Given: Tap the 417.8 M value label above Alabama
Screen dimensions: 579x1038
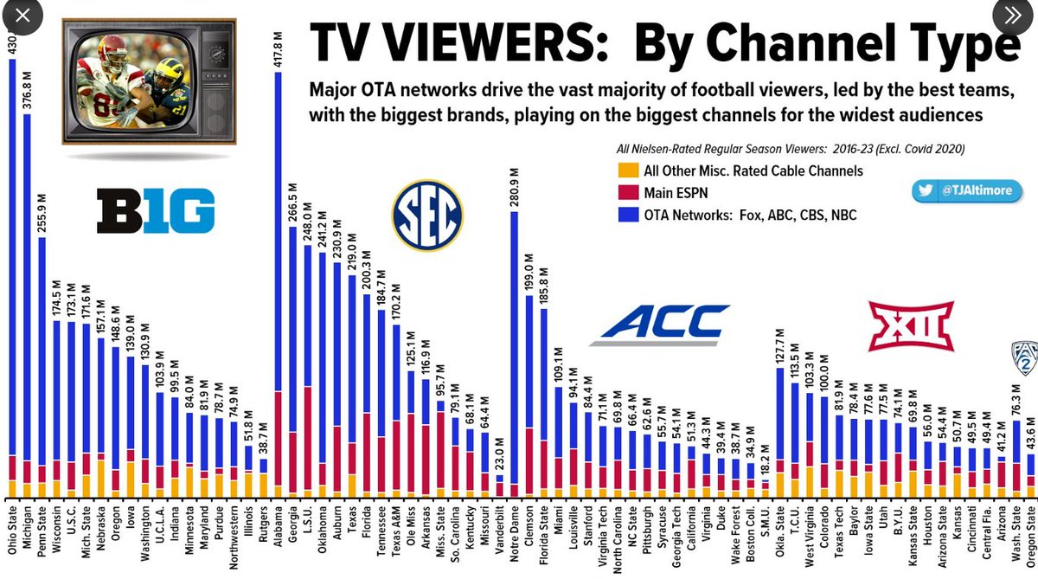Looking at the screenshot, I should (x=278, y=48).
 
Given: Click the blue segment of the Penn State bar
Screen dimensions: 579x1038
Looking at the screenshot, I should (x=42, y=346).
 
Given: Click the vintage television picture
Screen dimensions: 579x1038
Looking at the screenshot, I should (x=149, y=80).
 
